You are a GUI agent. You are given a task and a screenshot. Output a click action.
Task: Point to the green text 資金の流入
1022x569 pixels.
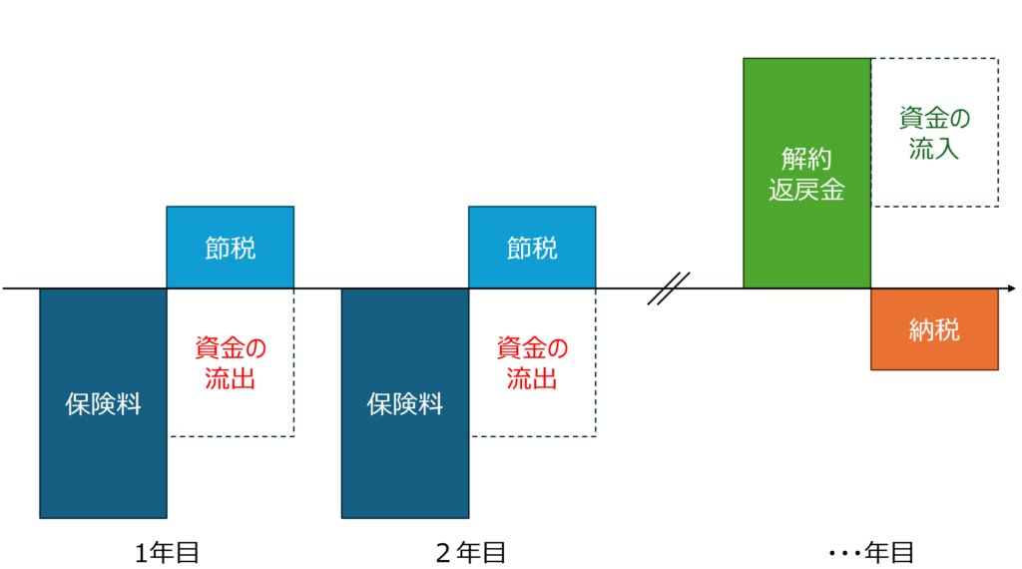[x=934, y=134]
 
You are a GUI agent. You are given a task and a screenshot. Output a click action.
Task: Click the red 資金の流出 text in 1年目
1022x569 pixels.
[x=231, y=363]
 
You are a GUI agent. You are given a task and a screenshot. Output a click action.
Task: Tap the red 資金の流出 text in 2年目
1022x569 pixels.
[x=532, y=363]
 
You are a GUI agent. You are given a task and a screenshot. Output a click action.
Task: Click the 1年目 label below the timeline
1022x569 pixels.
[x=168, y=552]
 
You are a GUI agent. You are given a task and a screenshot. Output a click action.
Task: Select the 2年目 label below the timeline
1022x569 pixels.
[x=470, y=552]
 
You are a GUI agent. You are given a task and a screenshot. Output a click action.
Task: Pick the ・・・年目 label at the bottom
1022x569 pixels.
[x=871, y=552]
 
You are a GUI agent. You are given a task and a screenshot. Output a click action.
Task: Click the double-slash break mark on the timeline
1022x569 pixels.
[x=668, y=288]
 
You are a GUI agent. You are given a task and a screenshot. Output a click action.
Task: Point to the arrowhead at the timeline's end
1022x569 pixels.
[x=1010, y=288]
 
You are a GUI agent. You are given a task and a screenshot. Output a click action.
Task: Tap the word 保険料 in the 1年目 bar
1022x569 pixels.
[x=103, y=404]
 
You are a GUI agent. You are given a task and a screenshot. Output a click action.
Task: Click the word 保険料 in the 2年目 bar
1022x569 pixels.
[x=404, y=404]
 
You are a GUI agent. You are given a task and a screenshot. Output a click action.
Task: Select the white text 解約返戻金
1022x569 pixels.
[x=806, y=175]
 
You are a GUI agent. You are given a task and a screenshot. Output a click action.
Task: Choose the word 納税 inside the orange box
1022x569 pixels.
[x=934, y=329]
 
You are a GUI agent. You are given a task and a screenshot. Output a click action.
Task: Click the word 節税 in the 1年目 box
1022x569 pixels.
[x=231, y=248]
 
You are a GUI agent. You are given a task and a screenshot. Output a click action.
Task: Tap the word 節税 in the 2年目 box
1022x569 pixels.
[x=532, y=248]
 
